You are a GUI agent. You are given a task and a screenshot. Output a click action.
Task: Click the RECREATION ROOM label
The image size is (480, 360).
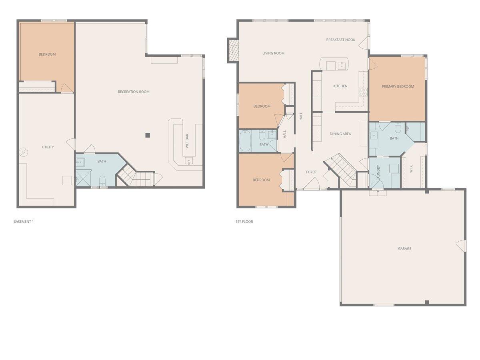click(x=134, y=92)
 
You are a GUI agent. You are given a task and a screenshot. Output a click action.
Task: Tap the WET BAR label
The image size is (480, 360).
click(x=187, y=141)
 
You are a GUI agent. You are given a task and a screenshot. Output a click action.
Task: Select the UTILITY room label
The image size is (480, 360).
click(x=48, y=147)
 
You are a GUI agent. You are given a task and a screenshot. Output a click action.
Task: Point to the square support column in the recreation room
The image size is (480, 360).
click(x=148, y=135)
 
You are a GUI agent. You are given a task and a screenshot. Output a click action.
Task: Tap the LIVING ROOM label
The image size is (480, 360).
click(x=273, y=53)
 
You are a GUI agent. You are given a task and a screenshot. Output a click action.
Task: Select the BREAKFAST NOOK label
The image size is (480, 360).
click(x=340, y=40)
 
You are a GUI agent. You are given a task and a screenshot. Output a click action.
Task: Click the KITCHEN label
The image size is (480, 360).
click(x=340, y=86)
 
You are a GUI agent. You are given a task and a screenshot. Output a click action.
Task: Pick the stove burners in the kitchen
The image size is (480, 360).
click(x=363, y=92)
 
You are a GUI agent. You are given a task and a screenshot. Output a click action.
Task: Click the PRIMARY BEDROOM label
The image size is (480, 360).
click(x=398, y=86)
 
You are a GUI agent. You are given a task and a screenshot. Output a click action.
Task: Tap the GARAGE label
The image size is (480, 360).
click(x=404, y=248)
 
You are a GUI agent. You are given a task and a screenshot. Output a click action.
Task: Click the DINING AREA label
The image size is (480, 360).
click(x=340, y=134)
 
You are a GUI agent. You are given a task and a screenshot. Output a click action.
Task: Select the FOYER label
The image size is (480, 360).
click(x=311, y=172)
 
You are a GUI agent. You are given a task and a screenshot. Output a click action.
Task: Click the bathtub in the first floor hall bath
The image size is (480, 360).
click(x=245, y=141)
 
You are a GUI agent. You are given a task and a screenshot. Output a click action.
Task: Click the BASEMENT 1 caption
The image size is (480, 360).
click(x=24, y=222)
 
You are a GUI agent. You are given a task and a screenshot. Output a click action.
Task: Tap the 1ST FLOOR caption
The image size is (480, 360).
click(x=244, y=222)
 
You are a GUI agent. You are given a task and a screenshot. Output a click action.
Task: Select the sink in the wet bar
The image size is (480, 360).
click(x=188, y=161)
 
